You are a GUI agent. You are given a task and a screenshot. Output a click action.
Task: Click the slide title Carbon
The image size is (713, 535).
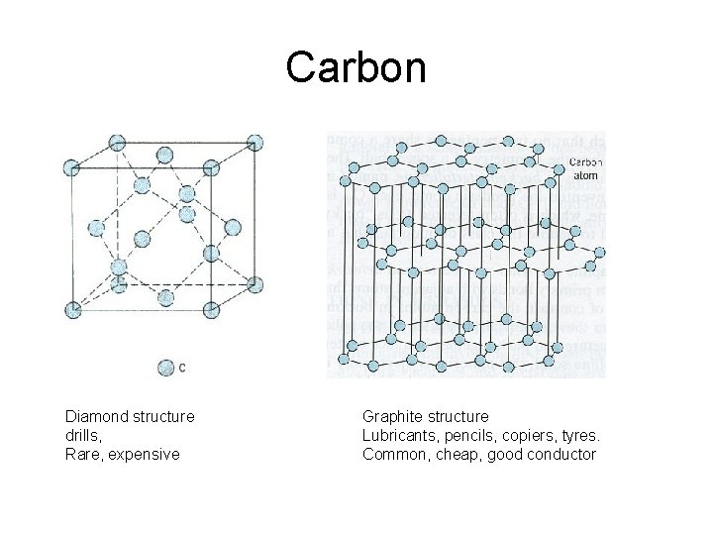[x=356, y=67]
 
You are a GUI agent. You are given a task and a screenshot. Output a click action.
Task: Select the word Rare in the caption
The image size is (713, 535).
[x=81, y=454]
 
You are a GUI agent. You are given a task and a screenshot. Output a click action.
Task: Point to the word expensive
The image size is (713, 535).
[x=145, y=454]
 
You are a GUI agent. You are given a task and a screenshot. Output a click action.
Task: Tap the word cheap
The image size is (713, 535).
[x=456, y=454]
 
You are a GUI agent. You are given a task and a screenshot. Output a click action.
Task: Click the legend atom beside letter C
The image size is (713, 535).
[x=164, y=368]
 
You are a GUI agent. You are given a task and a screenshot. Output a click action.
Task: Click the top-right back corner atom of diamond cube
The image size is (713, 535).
[x=255, y=142]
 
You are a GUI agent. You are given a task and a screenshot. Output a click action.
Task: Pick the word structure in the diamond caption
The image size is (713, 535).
[x=162, y=416]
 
